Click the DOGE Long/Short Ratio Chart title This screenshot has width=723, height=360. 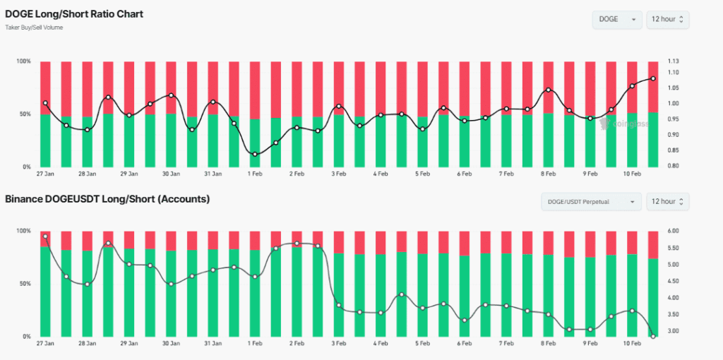[x=74, y=14]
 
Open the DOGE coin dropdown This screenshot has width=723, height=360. [x=616, y=19]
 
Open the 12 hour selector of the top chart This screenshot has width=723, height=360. [x=667, y=19]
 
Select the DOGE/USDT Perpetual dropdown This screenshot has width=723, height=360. [x=591, y=202]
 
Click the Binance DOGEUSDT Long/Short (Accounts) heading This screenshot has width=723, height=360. [x=107, y=199]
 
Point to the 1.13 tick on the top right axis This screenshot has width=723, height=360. [x=672, y=61]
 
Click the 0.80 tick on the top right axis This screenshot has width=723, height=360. [x=672, y=166]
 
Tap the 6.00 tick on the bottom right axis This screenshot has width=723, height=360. [x=672, y=231]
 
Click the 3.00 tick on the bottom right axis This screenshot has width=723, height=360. [x=672, y=331]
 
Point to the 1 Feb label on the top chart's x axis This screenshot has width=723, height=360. [x=255, y=174]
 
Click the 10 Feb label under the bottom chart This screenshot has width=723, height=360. [x=631, y=344]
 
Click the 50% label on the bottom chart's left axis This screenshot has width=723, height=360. [x=24, y=284]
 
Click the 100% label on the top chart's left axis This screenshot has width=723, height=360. [x=23, y=61]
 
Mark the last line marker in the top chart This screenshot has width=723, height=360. [x=653, y=78]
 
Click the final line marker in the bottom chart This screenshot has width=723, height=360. [x=653, y=336]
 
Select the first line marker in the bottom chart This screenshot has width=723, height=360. [x=45, y=236]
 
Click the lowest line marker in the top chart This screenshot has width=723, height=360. [x=255, y=154]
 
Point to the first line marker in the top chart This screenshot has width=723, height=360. [x=45, y=103]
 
